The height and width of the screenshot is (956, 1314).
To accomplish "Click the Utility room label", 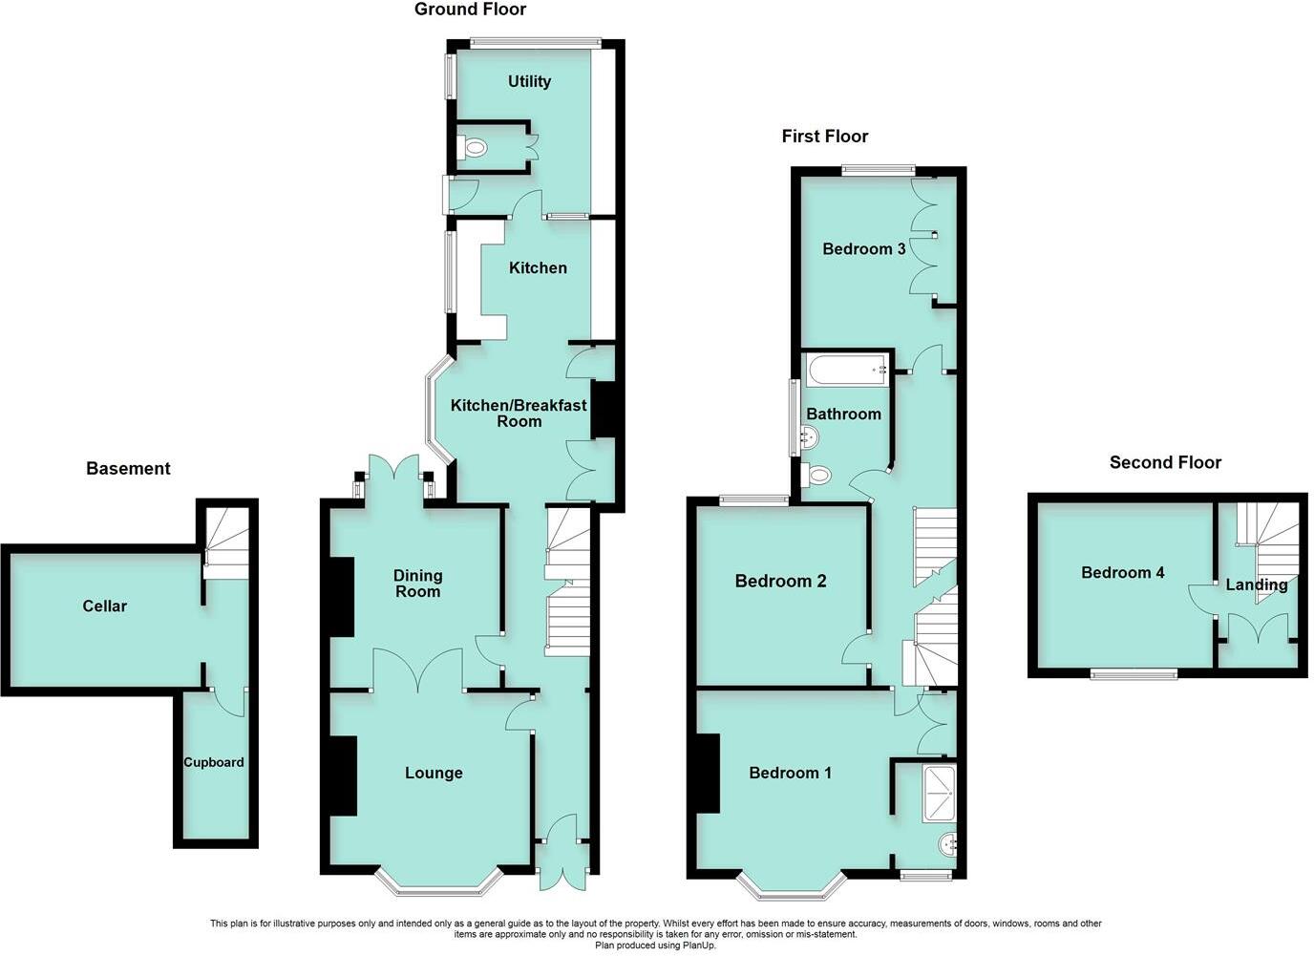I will click(529, 82).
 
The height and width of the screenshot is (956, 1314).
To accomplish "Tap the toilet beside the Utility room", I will click(474, 148).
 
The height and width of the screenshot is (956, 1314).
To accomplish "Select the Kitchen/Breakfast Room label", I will click(519, 414).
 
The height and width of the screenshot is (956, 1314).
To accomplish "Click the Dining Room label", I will click(417, 584).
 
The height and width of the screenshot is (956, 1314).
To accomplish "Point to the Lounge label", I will click(434, 774).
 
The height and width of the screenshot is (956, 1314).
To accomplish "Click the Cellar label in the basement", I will click(104, 606).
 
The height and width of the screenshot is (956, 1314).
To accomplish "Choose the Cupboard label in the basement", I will click(214, 762).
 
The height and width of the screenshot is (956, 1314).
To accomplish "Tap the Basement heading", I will click(128, 469).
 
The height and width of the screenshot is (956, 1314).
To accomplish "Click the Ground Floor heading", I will click(470, 10).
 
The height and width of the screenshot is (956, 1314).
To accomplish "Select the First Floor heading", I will click(825, 137).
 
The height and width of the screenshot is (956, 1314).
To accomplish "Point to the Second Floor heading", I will click(1165, 463).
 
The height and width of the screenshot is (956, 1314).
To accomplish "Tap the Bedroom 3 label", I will click(864, 249).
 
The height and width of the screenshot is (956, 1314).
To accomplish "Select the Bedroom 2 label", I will click(780, 582).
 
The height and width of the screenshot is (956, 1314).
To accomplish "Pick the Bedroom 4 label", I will click(1122, 573).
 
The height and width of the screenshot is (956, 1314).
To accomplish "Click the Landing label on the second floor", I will click(1257, 585).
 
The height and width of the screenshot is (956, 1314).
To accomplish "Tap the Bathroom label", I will click(843, 414).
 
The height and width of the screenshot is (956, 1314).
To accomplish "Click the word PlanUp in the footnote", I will click(700, 945).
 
